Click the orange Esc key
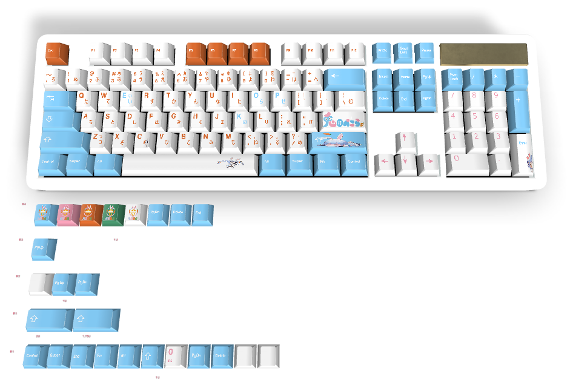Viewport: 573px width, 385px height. pyautogui.click(x=56, y=53)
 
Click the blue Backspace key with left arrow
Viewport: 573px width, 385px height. pyautogui.click(x=344, y=78)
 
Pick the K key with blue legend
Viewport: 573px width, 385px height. pyautogui.click(x=239, y=118)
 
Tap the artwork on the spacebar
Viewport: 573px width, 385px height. pyautogui.click(x=233, y=163)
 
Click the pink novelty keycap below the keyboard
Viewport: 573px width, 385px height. pyautogui.click(x=67, y=214)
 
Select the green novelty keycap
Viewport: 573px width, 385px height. pyautogui.click(x=112, y=214)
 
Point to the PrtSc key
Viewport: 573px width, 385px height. pyautogui.click(x=382, y=51)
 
